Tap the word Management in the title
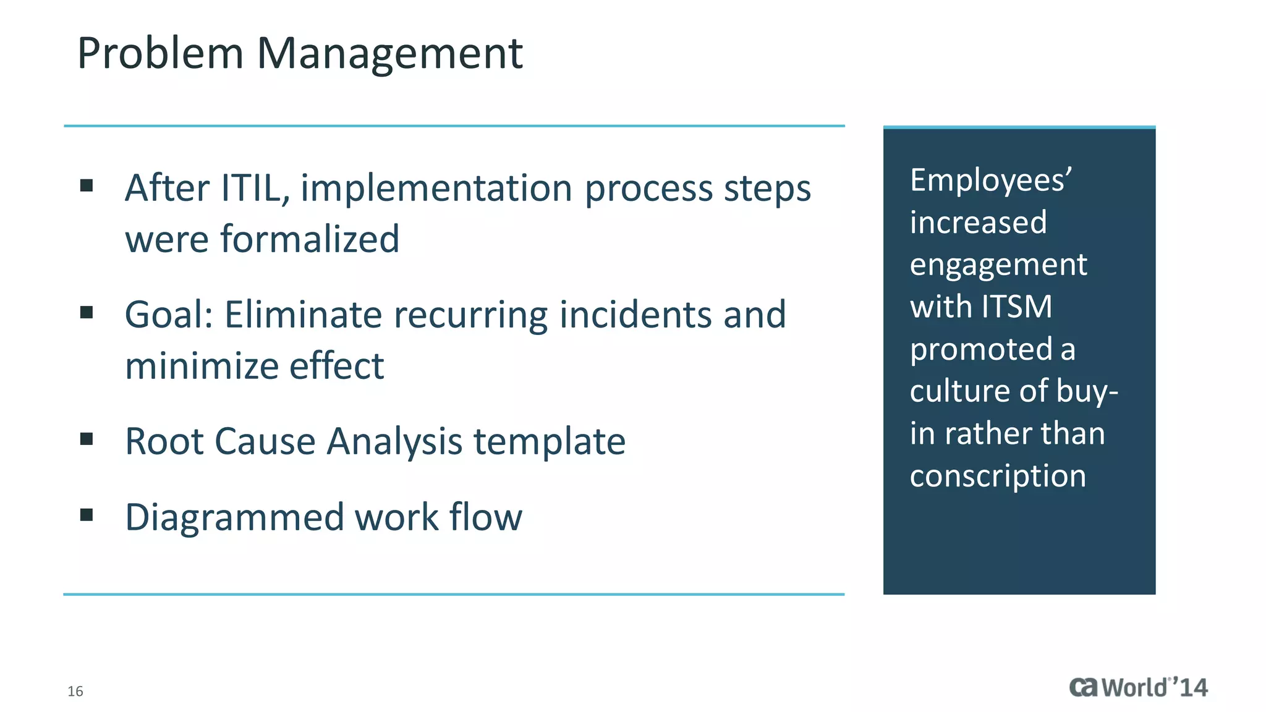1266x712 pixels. point(389,54)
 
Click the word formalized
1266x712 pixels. point(310,239)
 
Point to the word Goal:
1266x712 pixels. point(169,315)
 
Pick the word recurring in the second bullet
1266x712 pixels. point(470,316)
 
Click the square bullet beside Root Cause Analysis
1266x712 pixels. point(87,439)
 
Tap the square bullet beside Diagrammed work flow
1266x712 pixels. point(87,515)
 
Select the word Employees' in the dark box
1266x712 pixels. point(990,180)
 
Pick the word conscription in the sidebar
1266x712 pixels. point(997,477)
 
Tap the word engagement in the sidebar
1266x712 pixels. point(998,265)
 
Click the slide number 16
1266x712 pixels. point(75,691)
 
